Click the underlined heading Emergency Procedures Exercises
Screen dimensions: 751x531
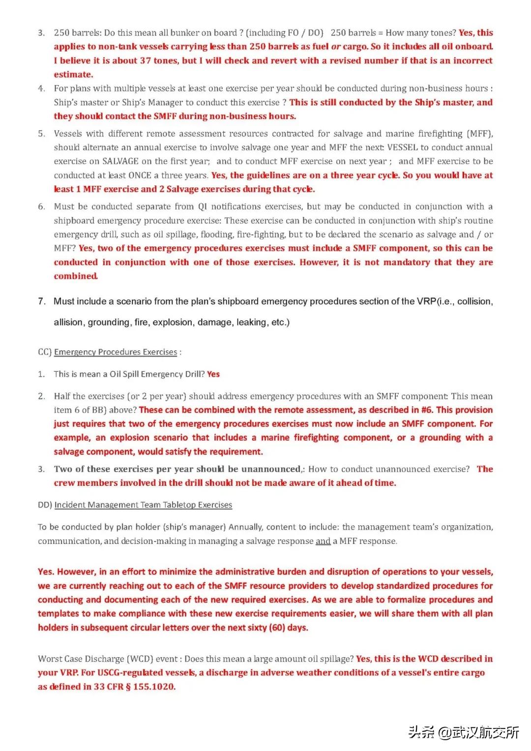tap(116, 352)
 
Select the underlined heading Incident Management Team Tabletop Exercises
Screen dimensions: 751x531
tap(143, 505)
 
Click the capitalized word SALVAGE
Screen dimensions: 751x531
tap(120, 161)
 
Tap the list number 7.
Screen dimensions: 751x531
tap(42, 301)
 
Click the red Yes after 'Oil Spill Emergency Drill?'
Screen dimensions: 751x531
tap(213, 374)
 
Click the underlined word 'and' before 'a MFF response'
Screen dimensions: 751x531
tap(323, 541)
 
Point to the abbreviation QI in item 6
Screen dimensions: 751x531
tap(203, 207)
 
